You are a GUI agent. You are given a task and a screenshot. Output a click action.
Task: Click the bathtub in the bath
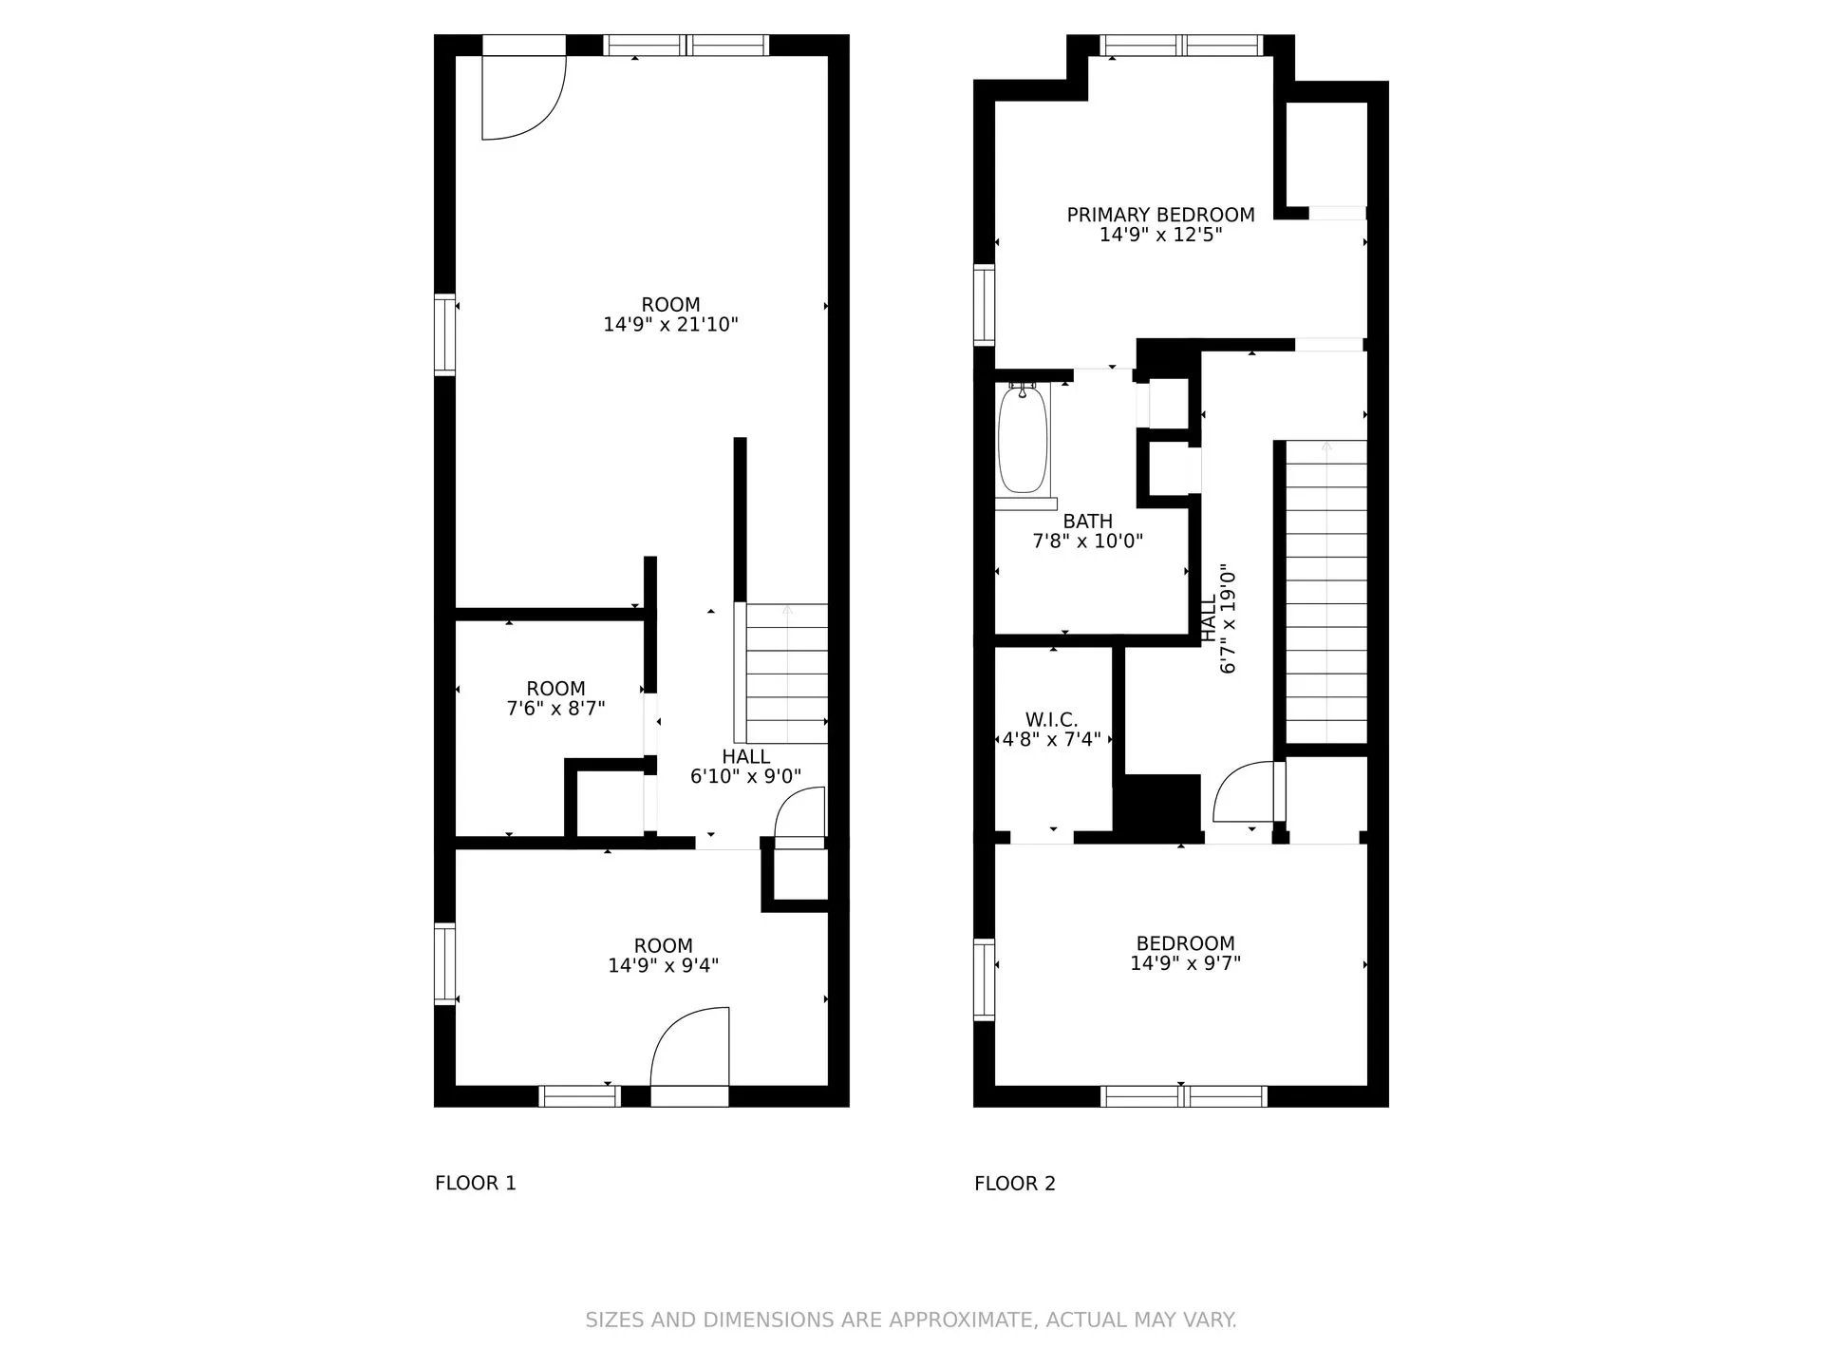point(1023,438)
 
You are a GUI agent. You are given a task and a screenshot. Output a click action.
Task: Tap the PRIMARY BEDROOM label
point(1160,215)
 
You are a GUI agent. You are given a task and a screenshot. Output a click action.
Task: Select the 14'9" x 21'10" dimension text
point(670,325)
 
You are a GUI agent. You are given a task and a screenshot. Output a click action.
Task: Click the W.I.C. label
point(1051,720)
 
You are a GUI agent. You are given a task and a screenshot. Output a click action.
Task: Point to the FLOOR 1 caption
point(476,1183)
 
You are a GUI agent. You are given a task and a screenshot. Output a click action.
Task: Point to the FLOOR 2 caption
point(1015,1183)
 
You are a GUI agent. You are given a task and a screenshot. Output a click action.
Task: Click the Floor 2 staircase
point(1326,591)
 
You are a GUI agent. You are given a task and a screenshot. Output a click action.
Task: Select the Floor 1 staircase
point(787,674)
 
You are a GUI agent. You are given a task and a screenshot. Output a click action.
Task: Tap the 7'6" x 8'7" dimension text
point(555,709)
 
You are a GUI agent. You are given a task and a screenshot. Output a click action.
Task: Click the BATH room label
point(1088,522)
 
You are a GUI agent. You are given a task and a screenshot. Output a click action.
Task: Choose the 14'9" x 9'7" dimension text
point(1185,963)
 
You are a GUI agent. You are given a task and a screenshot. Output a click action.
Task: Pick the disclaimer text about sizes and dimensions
point(911,1320)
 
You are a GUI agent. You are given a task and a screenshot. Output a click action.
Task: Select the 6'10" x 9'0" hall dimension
point(745,776)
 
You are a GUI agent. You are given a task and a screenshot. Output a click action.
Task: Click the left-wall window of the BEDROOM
point(985,979)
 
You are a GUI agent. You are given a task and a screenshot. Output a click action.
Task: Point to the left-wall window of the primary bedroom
point(985,304)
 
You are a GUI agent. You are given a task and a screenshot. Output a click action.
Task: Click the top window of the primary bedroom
point(1182,46)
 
